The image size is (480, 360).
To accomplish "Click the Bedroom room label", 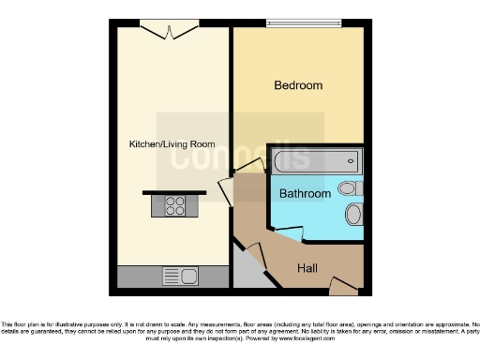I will pyautogui.click(x=297, y=85).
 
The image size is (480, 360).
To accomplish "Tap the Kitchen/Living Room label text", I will pyautogui.click(x=172, y=144).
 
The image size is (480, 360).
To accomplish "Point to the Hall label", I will pyautogui.click(x=307, y=268).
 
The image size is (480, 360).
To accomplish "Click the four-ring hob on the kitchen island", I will pyautogui.click(x=175, y=205).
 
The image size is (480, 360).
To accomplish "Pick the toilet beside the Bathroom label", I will pyautogui.click(x=352, y=188).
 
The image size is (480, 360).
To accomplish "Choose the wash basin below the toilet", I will pyautogui.click(x=353, y=215).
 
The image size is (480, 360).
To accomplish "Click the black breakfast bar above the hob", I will pyautogui.click(x=174, y=192).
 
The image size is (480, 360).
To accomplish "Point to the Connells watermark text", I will pyautogui.click(x=239, y=156).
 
